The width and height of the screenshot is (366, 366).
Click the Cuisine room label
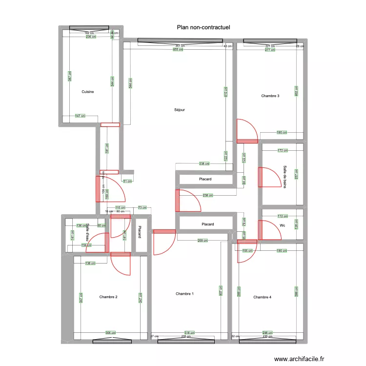point(88,92)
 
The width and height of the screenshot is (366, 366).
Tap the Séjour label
point(180,110)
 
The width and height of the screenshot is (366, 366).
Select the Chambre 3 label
point(270,96)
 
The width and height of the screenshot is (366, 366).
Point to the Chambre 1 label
point(185,294)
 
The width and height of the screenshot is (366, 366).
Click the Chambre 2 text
point(108,297)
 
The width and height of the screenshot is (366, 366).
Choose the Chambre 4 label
point(263,297)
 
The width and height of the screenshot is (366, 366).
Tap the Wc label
point(282,225)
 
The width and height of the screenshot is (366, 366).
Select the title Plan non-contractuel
point(203,28)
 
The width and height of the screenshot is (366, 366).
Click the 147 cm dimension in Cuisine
point(80,116)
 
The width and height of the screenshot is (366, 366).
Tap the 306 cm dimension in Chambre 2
point(111,333)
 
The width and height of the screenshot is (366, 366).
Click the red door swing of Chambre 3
point(247,131)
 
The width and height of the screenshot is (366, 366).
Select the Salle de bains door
point(267,177)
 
